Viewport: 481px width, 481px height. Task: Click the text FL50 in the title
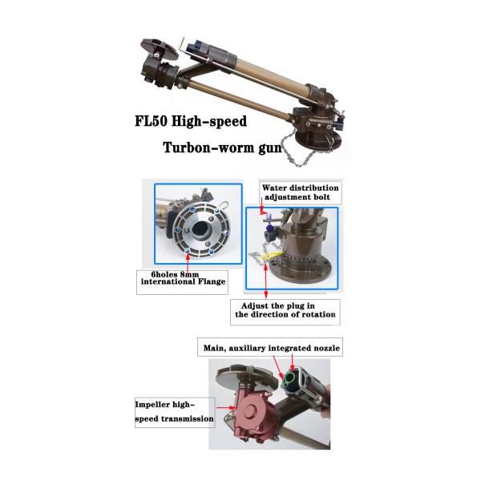pos(152,121)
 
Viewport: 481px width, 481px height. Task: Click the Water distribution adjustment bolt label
pos(301,192)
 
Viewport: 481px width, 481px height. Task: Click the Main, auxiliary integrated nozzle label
pos(270,347)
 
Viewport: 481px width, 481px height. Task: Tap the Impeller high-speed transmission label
pos(175,412)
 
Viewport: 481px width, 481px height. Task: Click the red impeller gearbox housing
pos(253,414)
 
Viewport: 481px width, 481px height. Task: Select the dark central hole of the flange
pos(201,230)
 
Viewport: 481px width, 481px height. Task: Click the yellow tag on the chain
pos(273,255)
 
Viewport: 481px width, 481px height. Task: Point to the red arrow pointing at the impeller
pos(226,408)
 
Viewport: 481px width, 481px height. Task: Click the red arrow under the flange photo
pos(188,261)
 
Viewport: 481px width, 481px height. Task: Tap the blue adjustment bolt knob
pos(269,228)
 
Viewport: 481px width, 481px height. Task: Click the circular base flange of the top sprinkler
pos(318,141)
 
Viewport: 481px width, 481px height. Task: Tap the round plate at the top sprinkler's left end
pos(160,49)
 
